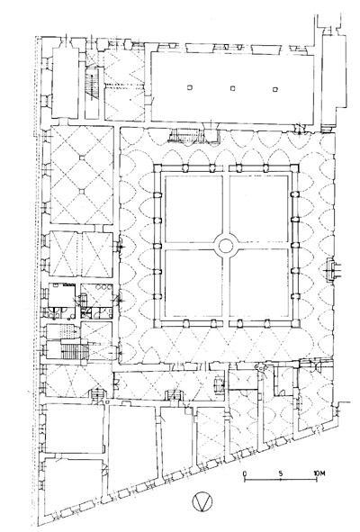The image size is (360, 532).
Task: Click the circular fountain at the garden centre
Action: [x=226, y=246]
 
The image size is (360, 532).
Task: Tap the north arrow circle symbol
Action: [x=202, y=502]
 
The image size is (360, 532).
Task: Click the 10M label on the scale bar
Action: [x=319, y=473]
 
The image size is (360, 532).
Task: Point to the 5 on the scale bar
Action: [x=281, y=473]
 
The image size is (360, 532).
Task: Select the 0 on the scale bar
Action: [x=245, y=473]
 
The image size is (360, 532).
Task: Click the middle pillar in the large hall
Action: [x=232, y=88]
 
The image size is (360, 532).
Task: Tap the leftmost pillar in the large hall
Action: [x=189, y=87]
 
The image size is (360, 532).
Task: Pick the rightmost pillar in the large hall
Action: [x=275, y=90]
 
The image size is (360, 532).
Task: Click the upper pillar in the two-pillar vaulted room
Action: [x=82, y=158]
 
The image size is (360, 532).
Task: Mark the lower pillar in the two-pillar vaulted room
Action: [x=81, y=192]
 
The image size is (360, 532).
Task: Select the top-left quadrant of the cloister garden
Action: [x=193, y=209]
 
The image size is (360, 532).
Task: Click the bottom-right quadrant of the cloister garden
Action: [x=259, y=284]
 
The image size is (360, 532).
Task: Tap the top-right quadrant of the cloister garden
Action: [x=259, y=209]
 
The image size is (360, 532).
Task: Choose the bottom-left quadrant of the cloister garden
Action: [x=193, y=284]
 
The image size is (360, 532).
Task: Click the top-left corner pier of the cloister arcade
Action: [x=157, y=168]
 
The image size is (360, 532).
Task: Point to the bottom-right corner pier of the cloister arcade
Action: [x=295, y=324]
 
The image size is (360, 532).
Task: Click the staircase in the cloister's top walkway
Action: [x=185, y=136]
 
